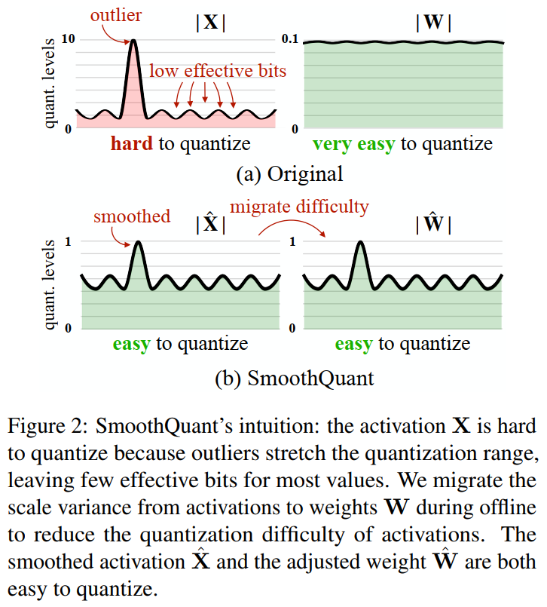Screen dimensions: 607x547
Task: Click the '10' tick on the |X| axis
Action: pyautogui.click(x=67, y=39)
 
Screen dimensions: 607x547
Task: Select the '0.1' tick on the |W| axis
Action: pyautogui.click(x=291, y=38)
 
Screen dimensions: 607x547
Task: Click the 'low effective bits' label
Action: pyautogui.click(x=218, y=71)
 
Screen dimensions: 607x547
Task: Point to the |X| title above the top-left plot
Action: pyautogui.click(x=210, y=22)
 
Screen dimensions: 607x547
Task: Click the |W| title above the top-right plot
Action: pyautogui.click(x=433, y=22)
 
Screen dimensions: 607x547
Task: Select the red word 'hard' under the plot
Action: pyautogui.click(x=133, y=143)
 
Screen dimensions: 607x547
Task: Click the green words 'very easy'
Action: pyautogui.click(x=353, y=144)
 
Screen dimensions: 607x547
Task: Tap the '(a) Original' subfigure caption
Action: pyautogui.click(x=289, y=174)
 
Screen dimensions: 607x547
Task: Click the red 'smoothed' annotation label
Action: pyautogui.click(x=132, y=216)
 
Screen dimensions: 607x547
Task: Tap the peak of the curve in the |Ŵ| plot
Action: pyautogui.click(x=360, y=242)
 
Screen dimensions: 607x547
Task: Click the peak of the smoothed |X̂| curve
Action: pyautogui.click(x=138, y=242)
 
